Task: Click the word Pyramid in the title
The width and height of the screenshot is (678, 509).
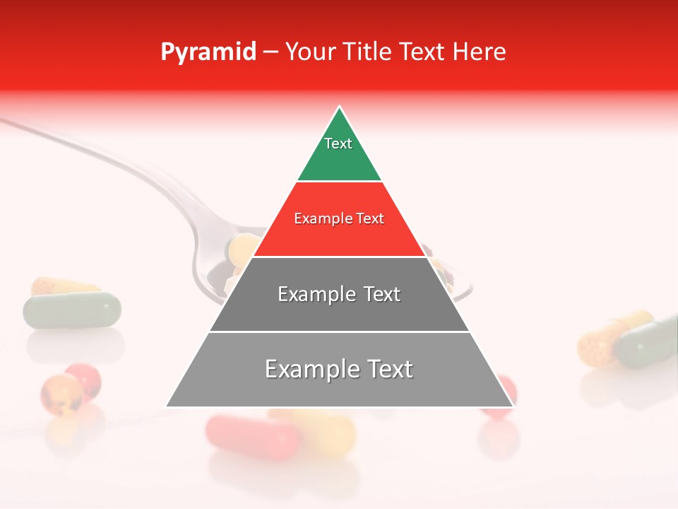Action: point(208,52)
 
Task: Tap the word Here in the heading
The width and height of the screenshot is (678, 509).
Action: point(479,52)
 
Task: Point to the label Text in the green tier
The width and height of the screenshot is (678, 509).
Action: point(338,144)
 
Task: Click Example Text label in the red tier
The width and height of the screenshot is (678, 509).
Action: point(339,218)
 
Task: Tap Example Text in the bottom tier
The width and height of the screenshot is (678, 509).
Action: point(339,369)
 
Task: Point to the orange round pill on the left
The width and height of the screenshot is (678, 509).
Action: point(59,393)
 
